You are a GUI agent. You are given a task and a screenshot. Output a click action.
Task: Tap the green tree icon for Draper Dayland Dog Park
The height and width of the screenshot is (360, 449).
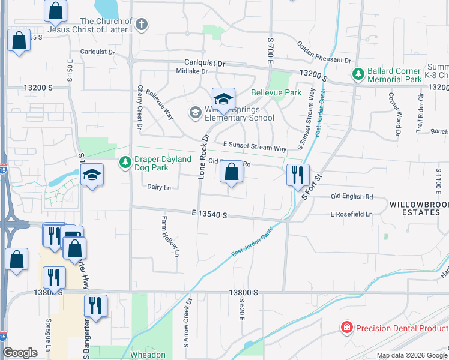tap(125, 163)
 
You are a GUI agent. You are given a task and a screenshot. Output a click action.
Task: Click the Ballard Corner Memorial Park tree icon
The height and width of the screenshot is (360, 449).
tap(358, 74)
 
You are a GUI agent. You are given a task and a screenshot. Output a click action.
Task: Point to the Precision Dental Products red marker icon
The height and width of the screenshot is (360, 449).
tap(346, 328)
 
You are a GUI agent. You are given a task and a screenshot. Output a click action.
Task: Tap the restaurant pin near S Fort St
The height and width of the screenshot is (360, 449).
tap(298, 175)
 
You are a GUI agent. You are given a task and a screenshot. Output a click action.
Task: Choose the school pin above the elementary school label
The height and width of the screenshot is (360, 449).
tap(223, 99)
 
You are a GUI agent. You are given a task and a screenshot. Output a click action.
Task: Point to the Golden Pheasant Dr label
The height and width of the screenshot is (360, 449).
tap(324, 52)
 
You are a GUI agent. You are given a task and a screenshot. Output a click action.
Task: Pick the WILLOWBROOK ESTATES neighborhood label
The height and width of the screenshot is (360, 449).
tap(418, 208)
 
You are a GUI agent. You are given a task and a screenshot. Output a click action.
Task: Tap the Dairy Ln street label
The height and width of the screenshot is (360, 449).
tap(159, 187)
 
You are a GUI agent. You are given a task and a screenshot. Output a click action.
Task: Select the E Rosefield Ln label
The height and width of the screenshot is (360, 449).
tap(351, 214)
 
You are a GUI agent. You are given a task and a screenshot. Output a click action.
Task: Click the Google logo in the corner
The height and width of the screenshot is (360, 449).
tap(20, 353)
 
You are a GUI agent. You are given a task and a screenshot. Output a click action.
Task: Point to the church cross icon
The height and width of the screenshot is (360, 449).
tap(140, 25)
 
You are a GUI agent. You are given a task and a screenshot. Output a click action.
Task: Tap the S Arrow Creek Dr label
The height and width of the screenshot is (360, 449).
tap(187, 323)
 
